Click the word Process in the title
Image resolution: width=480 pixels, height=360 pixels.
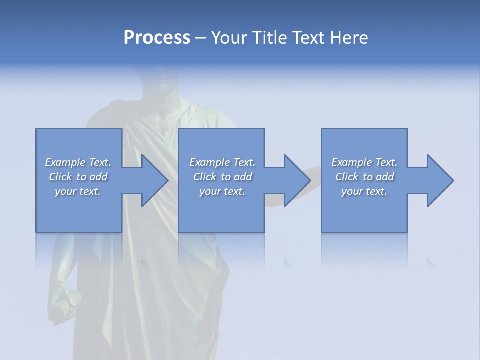pos(157,38)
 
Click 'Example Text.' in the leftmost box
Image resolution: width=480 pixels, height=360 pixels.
pos(78,162)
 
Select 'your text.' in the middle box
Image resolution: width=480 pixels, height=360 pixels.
pos(222,191)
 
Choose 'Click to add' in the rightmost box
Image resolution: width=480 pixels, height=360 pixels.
pos(364,177)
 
